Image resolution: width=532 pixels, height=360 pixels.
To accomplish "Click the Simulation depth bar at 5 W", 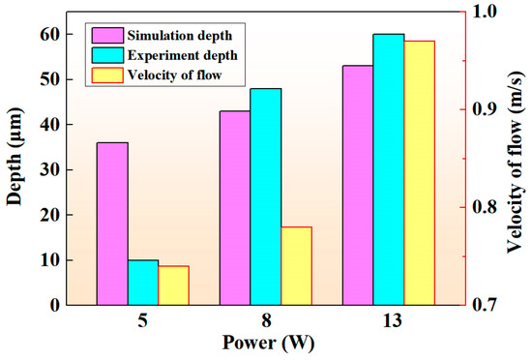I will tap(112, 224).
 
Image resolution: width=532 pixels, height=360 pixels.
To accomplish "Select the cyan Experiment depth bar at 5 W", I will tap(143, 283).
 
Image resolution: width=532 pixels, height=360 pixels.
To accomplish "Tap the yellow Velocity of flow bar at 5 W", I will tap(173, 285).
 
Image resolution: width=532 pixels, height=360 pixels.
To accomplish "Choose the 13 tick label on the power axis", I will tap(389, 320).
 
